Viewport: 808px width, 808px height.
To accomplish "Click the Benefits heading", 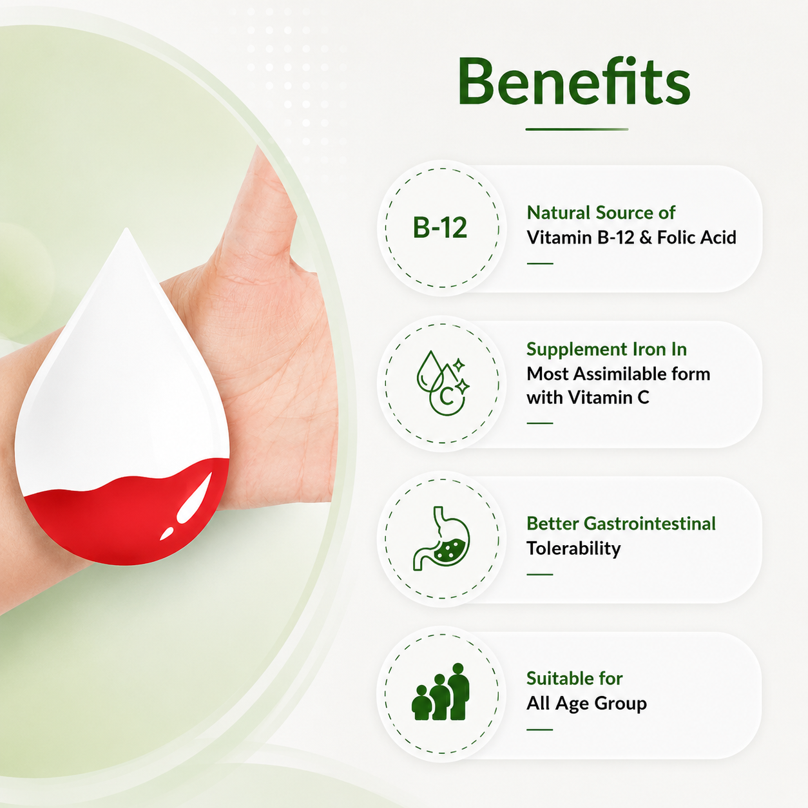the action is pos(574,81).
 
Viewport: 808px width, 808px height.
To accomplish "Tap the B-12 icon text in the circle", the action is pos(440,227).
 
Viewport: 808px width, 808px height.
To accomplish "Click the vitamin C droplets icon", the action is pos(443,383).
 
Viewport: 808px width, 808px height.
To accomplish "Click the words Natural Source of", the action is pos(601,213).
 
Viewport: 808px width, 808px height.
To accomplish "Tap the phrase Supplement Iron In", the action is pos(606,349).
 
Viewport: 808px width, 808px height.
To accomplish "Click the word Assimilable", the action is pos(626,374).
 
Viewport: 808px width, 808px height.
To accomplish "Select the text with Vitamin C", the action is pos(588,398).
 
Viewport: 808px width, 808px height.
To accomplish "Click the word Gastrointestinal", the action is pos(649,523).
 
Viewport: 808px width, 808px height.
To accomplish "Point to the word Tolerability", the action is pos(573,548).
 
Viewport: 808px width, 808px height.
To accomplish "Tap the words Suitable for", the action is pos(575,678).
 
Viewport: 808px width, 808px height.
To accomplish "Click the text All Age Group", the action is pos(586,703).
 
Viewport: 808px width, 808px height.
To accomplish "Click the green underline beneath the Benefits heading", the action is pos(577,129).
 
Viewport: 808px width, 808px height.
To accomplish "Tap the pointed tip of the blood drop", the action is pos(127,229).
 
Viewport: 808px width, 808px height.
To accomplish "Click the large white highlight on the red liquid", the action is pos(195,497).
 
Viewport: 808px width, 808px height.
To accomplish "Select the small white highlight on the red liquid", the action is pos(166,534).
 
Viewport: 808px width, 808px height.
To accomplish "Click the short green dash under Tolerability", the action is pos(540,574).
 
